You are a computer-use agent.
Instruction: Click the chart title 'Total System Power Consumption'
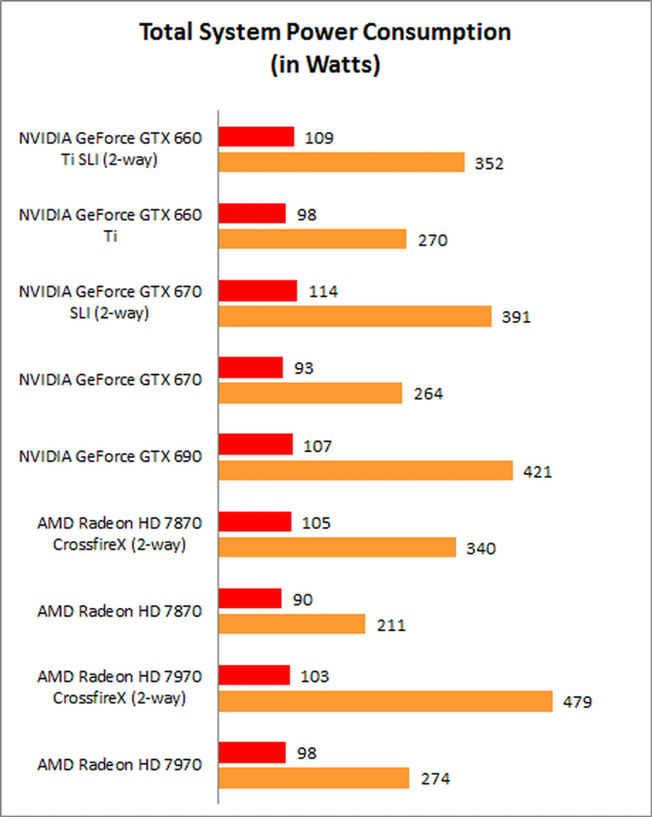(x=325, y=32)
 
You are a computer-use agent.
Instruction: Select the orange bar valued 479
(x=385, y=701)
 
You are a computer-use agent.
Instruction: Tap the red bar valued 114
(x=258, y=291)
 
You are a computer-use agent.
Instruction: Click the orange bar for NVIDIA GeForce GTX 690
(x=366, y=470)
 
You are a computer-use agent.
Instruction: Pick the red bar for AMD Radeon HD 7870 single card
(x=250, y=599)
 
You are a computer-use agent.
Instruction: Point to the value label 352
(x=489, y=164)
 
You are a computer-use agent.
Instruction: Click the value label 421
(x=537, y=472)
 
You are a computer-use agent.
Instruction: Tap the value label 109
(x=319, y=138)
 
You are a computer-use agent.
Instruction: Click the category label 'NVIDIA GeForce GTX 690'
(x=110, y=457)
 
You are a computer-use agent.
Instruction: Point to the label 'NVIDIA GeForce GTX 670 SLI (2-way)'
(x=110, y=302)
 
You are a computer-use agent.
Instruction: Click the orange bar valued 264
(x=310, y=393)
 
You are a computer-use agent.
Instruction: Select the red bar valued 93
(x=250, y=368)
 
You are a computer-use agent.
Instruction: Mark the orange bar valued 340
(x=337, y=547)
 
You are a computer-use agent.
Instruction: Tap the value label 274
(x=435, y=779)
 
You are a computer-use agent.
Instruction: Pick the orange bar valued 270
(x=312, y=239)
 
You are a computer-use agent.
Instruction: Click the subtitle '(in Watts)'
(x=325, y=65)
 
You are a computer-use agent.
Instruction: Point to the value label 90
(x=302, y=600)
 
